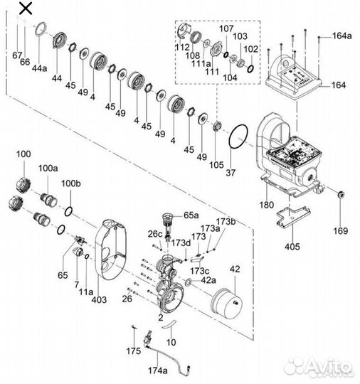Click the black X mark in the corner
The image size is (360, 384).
[26, 8]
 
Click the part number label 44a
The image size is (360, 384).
[39, 68]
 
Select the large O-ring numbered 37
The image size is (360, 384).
[238, 137]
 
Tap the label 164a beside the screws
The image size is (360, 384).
[342, 36]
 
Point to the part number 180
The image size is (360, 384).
[267, 205]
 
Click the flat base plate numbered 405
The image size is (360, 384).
[293, 216]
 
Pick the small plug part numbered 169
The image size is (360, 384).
[341, 194]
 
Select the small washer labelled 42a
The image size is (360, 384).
[189, 282]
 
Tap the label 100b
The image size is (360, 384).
[71, 183]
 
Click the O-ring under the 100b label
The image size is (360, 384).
[68, 211]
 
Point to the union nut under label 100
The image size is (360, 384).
[23, 185]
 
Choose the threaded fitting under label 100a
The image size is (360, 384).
[49, 199]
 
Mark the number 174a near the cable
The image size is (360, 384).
[157, 370]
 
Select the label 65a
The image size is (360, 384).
[191, 215]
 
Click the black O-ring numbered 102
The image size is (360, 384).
[250, 68]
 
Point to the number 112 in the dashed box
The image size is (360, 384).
[182, 47]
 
